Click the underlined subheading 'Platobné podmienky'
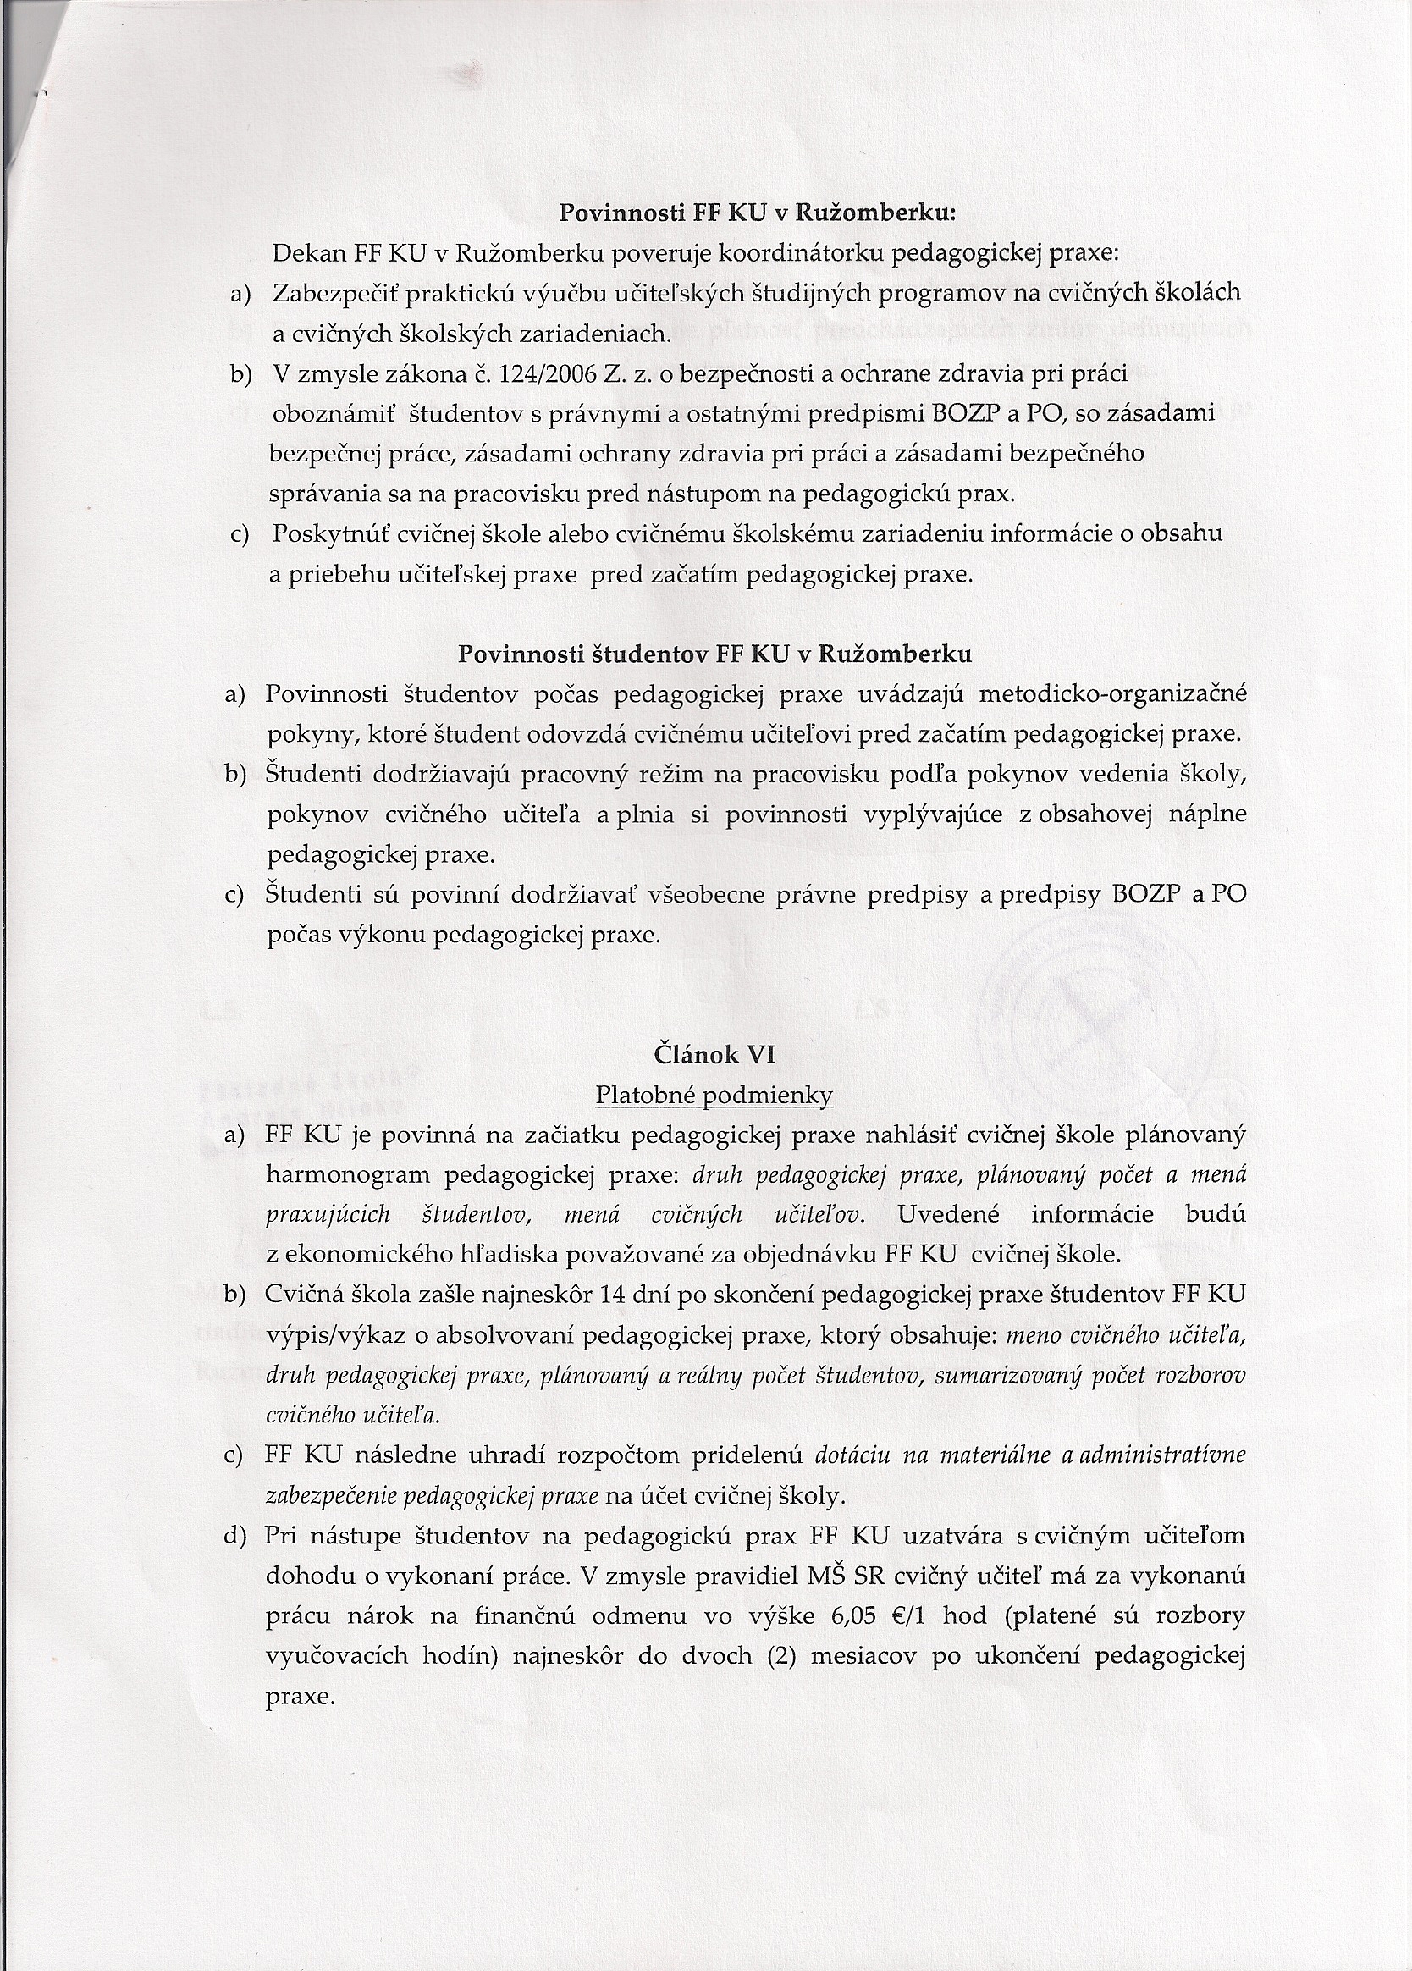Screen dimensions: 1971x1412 tap(714, 1096)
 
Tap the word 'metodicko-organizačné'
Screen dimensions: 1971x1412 tap(1112, 694)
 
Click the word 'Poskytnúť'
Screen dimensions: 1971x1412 tap(328, 533)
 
